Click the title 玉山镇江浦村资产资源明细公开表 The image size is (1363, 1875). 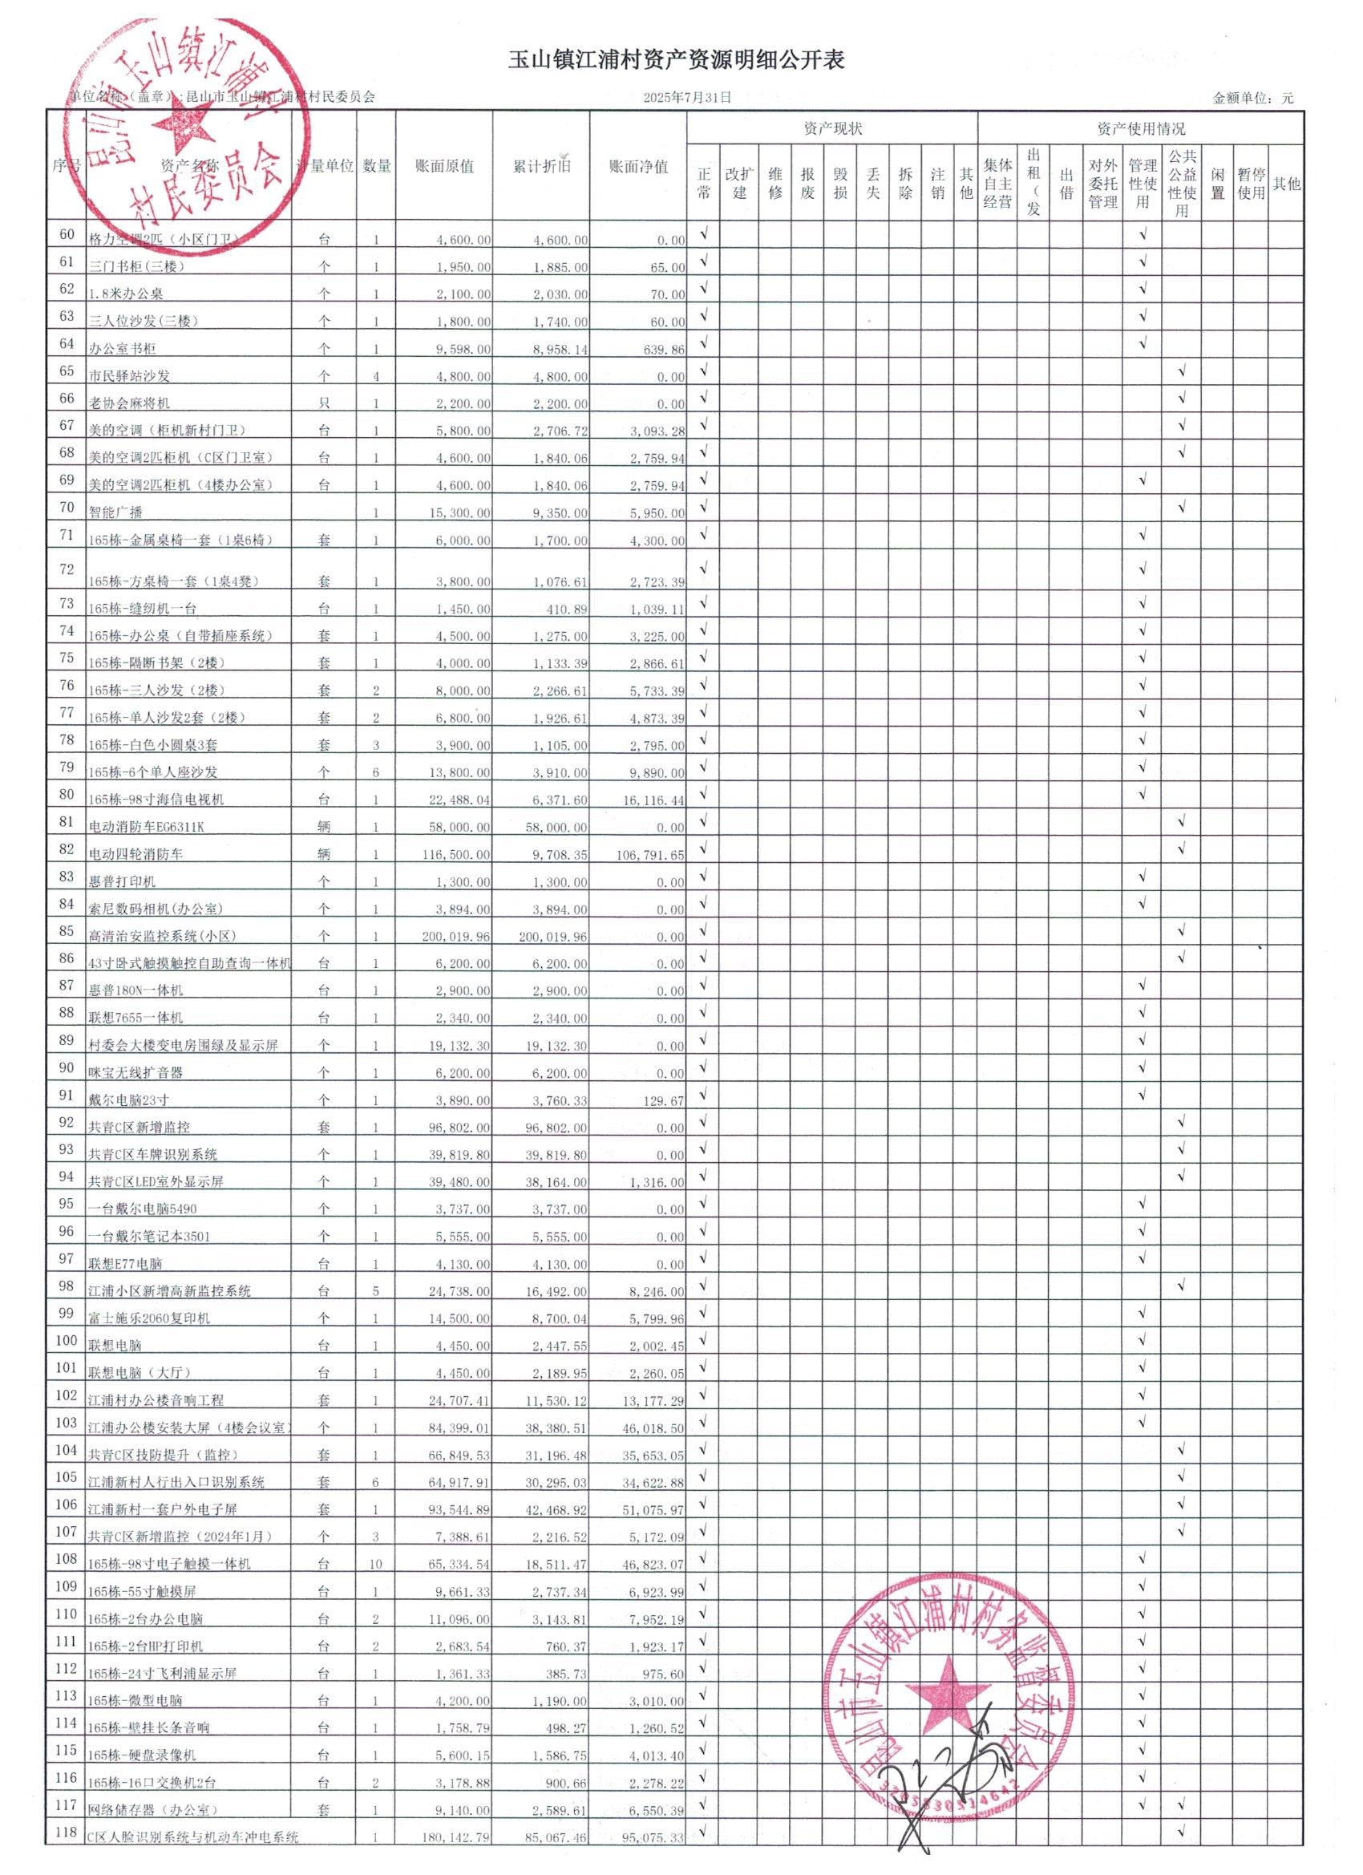pos(677,59)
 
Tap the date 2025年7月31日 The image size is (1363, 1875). pos(687,98)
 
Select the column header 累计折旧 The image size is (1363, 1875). pos(541,166)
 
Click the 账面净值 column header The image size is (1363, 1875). pos(638,166)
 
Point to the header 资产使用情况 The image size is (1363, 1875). pos(1141,129)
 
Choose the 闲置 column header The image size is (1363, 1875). pos(1217,184)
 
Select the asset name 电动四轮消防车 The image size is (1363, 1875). pos(135,854)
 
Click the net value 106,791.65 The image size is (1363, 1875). pos(649,855)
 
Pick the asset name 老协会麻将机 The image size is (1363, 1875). pos(129,403)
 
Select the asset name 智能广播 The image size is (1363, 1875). pos(115,512)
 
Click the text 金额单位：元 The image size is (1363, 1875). pos(1253,99)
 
